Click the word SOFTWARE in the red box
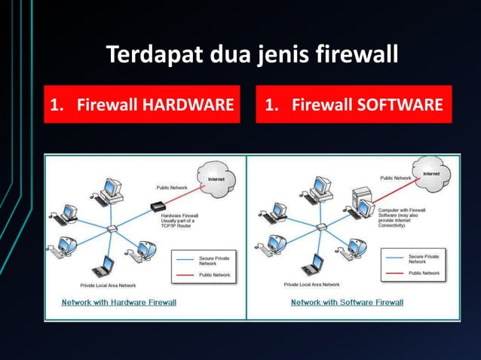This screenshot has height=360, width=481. (405, 105)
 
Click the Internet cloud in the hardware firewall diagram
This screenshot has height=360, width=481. (216, 179)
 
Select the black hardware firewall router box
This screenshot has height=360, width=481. (158, 206)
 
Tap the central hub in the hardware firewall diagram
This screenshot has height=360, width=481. (112, 228)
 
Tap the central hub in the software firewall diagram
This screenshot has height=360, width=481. (320, 227)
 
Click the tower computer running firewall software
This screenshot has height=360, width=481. (363, 202)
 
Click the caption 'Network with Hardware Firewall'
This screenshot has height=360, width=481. (119, 303)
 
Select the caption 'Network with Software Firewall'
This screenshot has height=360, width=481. (348, 303)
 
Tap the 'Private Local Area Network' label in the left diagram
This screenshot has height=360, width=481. (109, 286)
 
